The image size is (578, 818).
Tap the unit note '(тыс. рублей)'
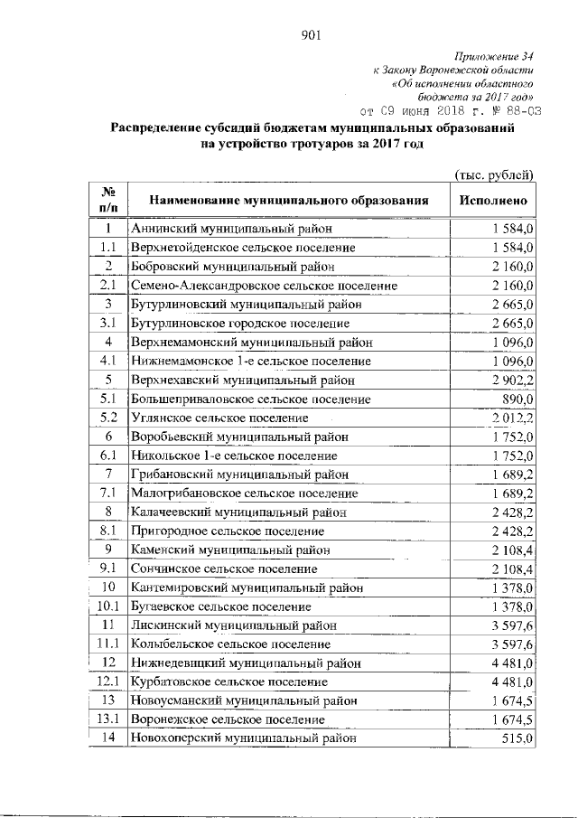pos(494,174)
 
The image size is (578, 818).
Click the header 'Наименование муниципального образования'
pos(287,200)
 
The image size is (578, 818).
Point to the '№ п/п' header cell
pos(107,200)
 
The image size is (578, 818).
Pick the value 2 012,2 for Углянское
pos(513,418)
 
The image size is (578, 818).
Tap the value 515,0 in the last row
pos(519,738)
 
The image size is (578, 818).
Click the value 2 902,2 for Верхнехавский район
pos(513,380)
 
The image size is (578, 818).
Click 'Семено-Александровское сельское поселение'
pos(264,286)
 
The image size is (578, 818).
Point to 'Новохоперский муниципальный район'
pos(243,738)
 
